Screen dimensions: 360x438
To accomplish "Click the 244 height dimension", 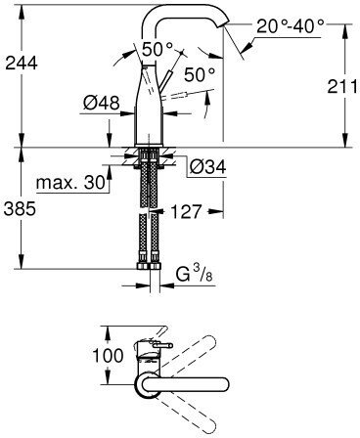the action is [22, 63].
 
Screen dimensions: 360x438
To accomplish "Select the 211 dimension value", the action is [342, 87].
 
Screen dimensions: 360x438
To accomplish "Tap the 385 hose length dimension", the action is [20, 209].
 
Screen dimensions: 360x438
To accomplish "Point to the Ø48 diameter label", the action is [101, 104].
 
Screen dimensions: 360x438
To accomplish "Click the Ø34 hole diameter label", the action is [207, 167].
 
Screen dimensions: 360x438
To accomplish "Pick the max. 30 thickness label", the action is [70, 183].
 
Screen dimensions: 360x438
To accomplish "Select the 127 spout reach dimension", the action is [186, 212].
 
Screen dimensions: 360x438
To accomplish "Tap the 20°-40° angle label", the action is [291, 26].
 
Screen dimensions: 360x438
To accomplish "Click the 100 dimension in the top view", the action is [108, 355].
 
